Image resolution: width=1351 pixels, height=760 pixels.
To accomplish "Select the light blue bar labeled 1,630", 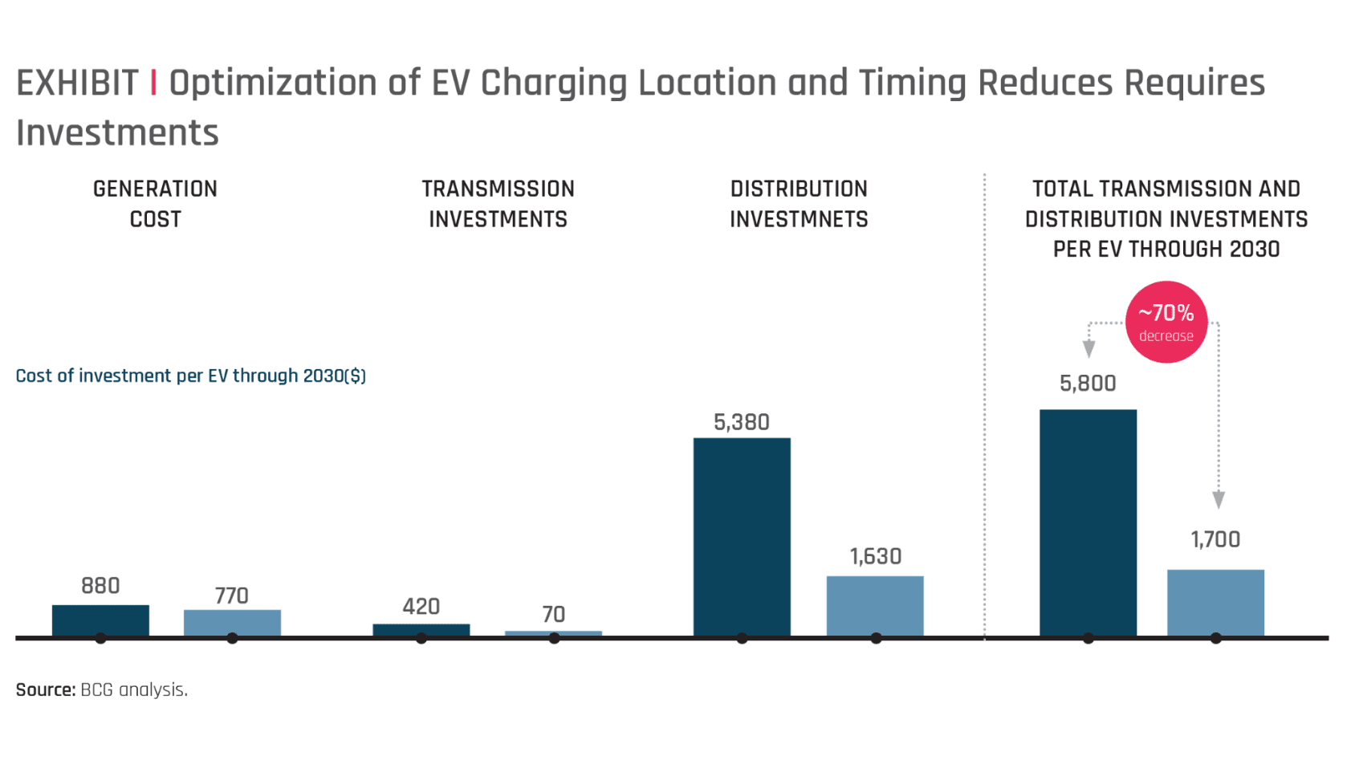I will [x=875, y=605].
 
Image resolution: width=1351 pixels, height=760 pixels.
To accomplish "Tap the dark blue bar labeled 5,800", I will [x=1088, y=522].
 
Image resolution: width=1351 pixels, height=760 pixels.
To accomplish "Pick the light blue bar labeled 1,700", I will [x=1215, y=602].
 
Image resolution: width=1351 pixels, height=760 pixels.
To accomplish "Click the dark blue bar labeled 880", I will [x=100, y=620].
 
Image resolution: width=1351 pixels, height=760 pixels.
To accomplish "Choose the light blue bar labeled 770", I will [x=232, y=622].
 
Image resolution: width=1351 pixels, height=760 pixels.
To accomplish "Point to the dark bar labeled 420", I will [x=421, y=629].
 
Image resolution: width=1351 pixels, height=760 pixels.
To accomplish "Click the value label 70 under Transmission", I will [x=554, y=614].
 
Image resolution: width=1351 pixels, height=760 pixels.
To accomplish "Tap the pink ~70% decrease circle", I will [x=1166, y=322].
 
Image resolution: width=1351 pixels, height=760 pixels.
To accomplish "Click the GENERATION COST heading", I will [x=155, y=204].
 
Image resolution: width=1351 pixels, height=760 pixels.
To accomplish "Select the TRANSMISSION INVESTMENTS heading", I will [x=498, y=204].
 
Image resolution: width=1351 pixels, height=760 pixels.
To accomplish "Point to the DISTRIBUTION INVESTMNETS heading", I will [x=799, y=204].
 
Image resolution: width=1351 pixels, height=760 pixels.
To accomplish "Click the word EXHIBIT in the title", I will [x=77, y=83].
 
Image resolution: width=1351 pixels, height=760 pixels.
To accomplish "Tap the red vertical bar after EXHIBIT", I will [x=153, y=83].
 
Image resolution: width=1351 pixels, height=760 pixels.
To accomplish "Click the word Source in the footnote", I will [x=45, y=689].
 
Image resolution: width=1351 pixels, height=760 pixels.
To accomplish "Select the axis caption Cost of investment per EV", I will [x=190, y=376].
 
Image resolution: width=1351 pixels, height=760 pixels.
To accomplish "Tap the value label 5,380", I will [x=742, y=422].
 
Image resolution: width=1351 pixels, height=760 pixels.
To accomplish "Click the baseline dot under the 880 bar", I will [x=100, y=639].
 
